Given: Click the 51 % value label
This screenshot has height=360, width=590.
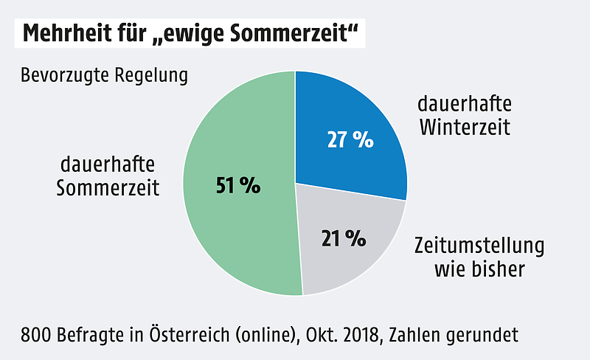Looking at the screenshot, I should point(238,186).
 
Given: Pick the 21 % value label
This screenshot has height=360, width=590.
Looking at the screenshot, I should point(344,238).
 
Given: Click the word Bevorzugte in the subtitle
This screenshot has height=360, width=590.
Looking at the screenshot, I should point(65,76).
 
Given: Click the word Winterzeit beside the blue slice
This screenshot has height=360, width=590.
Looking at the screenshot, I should point(465,126).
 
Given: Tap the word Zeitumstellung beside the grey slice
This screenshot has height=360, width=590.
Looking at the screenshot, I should point(479,245).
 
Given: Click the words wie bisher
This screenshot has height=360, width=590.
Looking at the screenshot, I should point(479,269).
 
